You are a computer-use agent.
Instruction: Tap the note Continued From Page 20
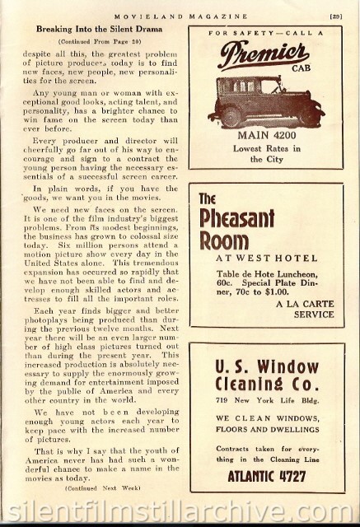click(x=97, y=40)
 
